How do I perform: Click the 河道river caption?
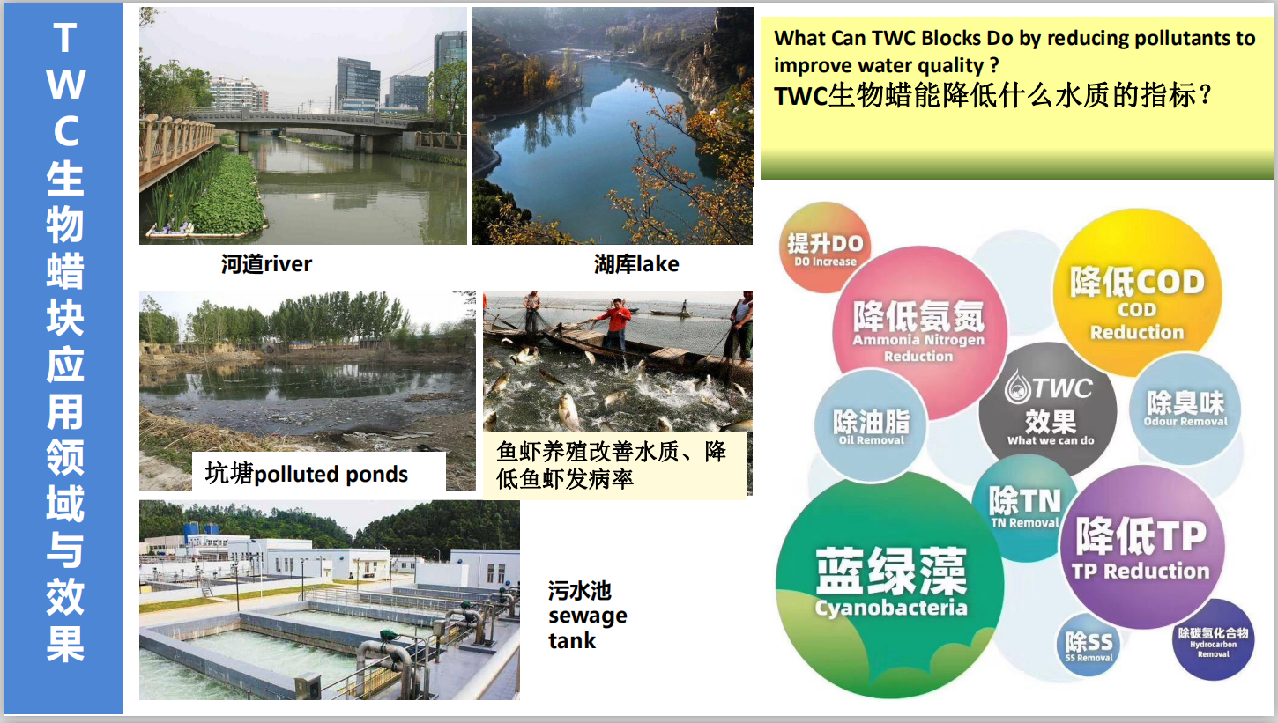tap(266, 263)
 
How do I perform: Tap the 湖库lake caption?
tap(636, 263)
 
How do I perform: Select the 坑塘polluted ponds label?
tap(307, 474)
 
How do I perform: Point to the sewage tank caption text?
tap(587, 615)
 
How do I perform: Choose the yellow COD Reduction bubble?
tap(1136, 291)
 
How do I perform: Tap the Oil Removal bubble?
tap(870, 427)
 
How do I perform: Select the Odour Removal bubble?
tap(1185, 409)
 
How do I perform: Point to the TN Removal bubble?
tap(1023, 508)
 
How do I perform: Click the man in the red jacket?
tap(616, 321)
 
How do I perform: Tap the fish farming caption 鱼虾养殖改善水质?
tap(612, 465)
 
